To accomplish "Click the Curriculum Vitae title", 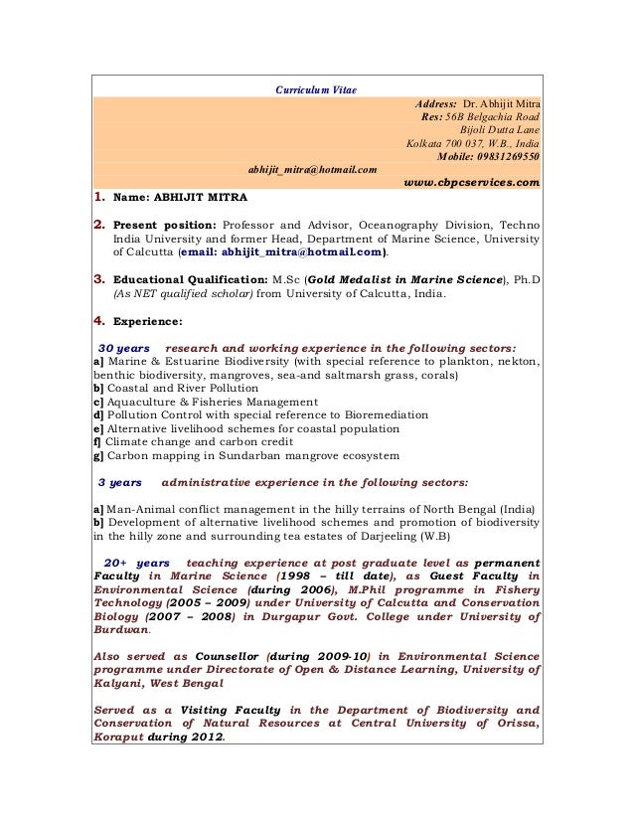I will click(316, 90).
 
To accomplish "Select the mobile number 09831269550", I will click(504, 156).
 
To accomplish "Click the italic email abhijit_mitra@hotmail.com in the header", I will click(312, 170).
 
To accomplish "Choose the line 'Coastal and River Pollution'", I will click(181, 388).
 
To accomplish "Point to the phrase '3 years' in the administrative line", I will click(120, 482).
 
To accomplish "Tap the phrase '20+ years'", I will click(136, 562).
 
